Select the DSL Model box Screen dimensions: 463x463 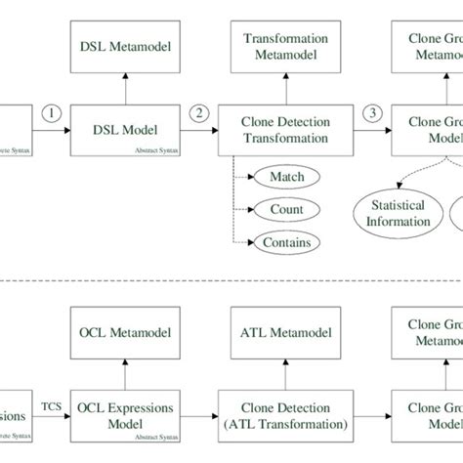[x=124, y=131]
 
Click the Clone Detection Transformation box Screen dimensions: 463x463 [x=285, y=131]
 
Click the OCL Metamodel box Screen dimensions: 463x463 [x=124, y=333]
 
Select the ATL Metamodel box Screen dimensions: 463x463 [x=285, y=333]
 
